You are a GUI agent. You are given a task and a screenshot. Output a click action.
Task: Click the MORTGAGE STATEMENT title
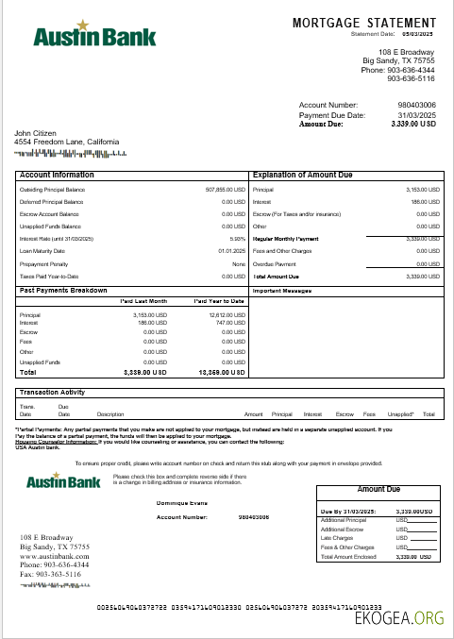pyautogui.click(x=364, y=22)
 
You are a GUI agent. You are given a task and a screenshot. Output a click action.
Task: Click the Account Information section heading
pyautogui.click(x=57, y=175)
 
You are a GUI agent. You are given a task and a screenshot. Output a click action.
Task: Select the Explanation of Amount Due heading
pyautogui.click(x=302, y=175)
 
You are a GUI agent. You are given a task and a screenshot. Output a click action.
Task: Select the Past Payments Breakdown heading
pyautogui.click(x=63, y=291)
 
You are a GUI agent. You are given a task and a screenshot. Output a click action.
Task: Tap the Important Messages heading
pyautogui.click(x=282, y=291)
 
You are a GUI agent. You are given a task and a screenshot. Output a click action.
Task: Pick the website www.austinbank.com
pyautogui.click(x=55, y=557)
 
